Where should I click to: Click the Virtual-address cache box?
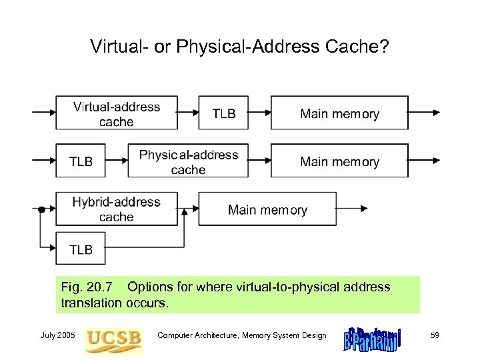tap(117, 113)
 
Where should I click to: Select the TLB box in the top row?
tap(223, 113)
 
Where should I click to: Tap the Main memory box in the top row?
tap(339, 113)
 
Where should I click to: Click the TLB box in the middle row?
tap(81, 161)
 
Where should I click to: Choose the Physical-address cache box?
tap(189, 161)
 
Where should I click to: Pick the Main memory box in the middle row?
tap(339, 161)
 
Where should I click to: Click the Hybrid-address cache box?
tap(117, 209)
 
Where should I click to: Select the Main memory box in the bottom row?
tap(267, 209)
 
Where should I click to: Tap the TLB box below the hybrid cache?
tap(81, 249)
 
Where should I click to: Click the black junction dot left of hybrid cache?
tap(41, 209)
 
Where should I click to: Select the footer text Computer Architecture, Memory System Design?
tap(241, 335)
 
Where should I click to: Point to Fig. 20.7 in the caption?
tap(84, 287)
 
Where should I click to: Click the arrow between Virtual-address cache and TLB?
tap(189, 113)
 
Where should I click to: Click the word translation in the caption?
tap(90, 302)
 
